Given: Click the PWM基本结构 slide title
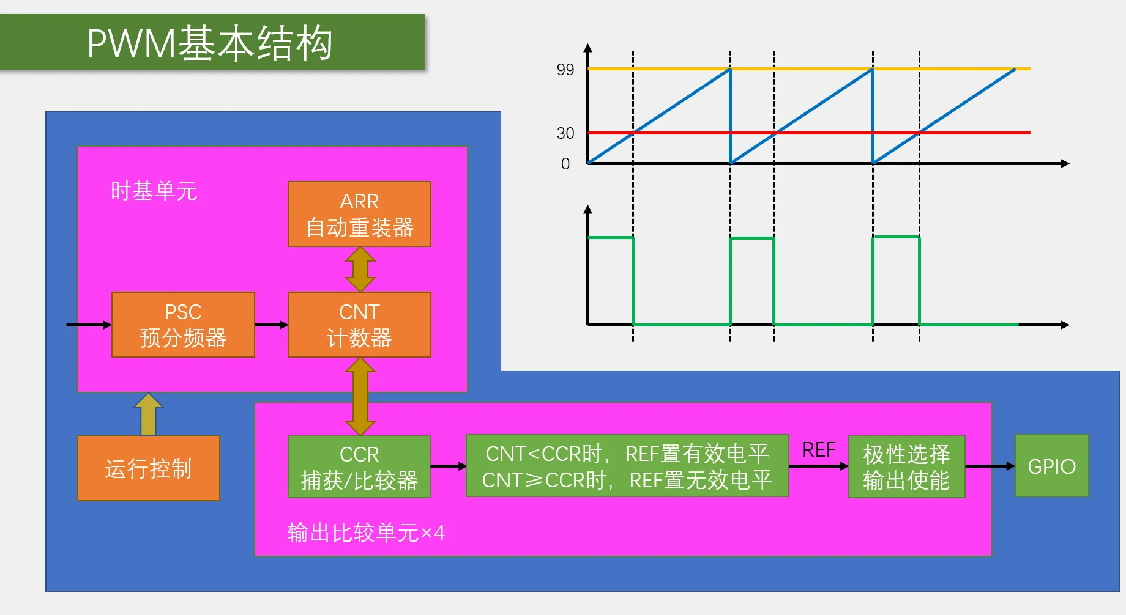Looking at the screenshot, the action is coord(210,43).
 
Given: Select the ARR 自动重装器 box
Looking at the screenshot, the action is coord(359,214).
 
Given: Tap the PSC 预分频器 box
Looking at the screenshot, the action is coord(183,325).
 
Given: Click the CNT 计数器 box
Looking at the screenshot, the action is coord(359,325).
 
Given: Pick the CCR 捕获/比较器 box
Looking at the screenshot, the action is coord(359,466).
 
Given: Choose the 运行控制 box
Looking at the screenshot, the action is coord(149,468).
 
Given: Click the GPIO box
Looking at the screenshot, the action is coord(1051,466).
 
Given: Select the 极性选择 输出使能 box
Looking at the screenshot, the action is coord(906,466).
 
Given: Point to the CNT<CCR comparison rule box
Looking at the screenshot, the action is coord(627,466).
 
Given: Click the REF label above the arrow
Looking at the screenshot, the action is coord(819,450).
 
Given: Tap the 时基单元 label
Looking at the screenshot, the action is coord(154,191).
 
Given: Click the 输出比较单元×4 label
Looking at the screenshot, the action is coord(366,532).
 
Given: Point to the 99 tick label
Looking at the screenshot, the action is coord(565,70).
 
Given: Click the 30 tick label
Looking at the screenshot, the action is coord(565,133).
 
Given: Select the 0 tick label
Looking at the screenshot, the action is coord(565,164).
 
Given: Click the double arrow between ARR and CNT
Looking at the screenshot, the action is coord(360,270).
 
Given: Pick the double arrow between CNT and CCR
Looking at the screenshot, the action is coord(360,396).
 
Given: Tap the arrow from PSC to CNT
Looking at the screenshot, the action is coord(271,325).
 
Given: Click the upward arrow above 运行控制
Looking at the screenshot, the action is coord(148,414).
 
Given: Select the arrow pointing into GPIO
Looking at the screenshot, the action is coord(990,466).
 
